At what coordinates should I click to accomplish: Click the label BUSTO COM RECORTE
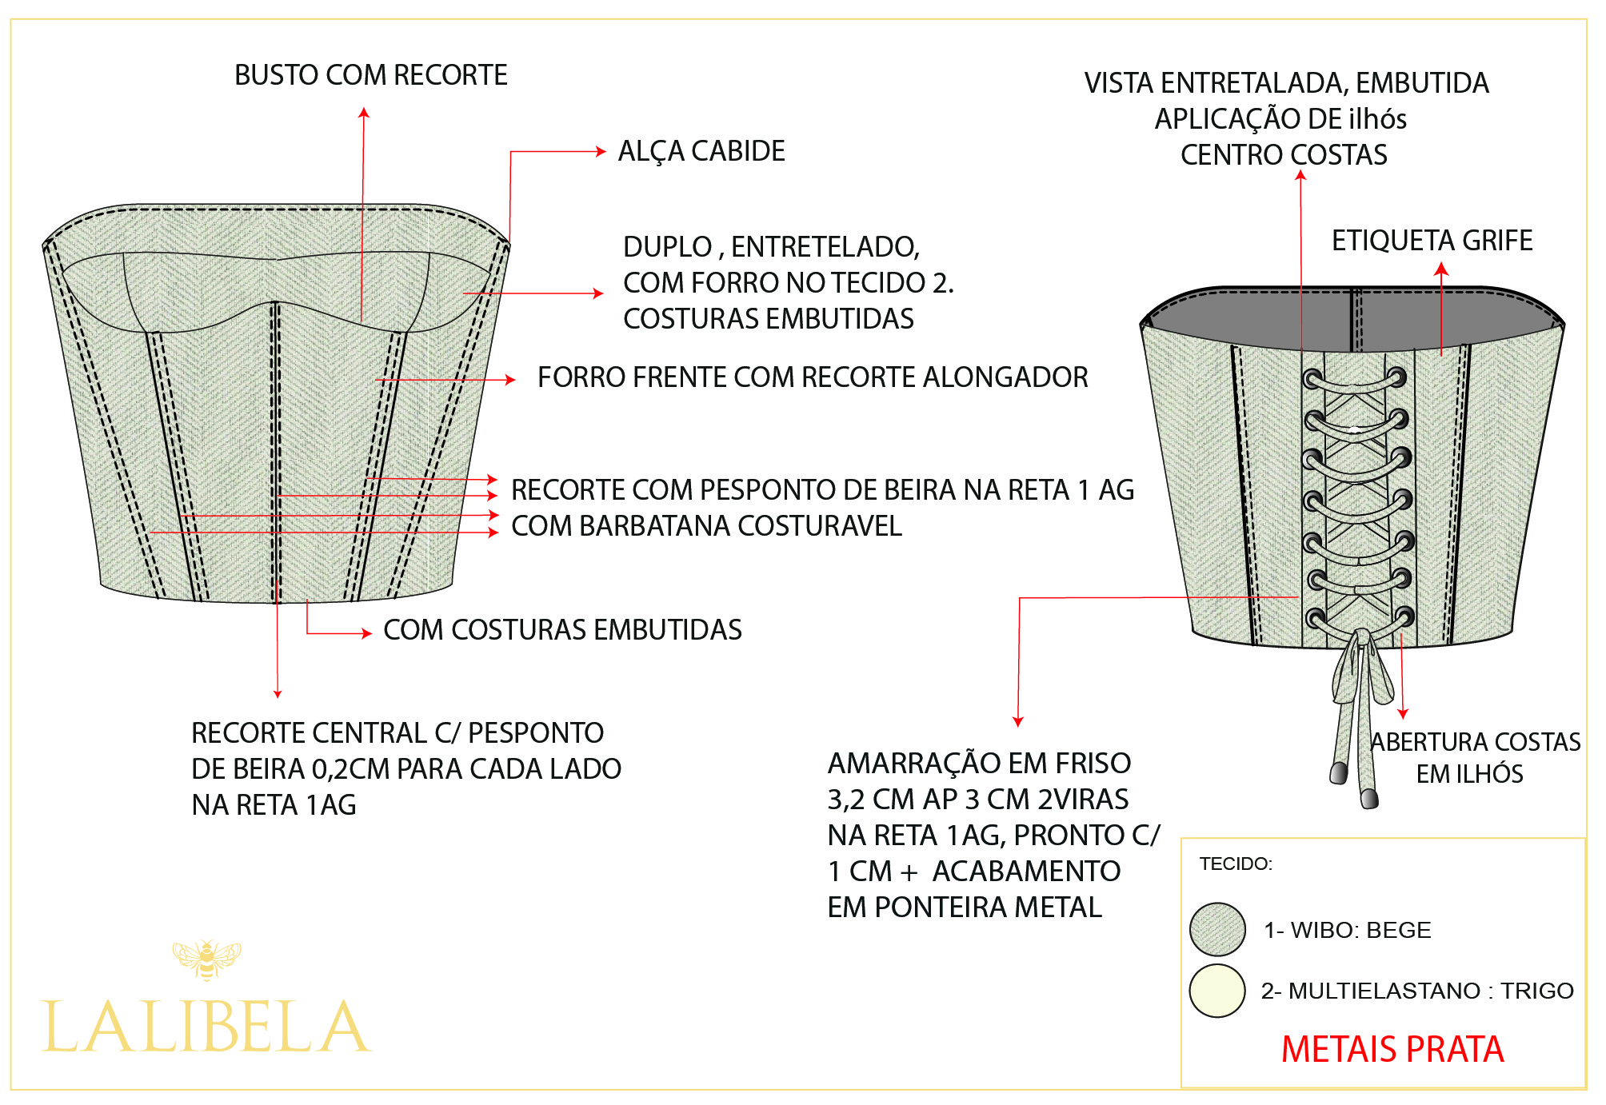point(370,75)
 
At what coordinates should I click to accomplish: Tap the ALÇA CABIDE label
point(701,151)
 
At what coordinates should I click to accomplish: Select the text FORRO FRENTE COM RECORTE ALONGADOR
point(812,377)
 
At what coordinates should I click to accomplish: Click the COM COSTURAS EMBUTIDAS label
point(562,630)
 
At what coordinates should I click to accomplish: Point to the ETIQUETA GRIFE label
point(1432,241)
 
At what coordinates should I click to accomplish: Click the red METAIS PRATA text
point(1392,1049)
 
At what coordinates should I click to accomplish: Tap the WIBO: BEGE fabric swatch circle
point(1217,929)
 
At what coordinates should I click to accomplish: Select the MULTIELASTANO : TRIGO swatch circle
point(1217,991)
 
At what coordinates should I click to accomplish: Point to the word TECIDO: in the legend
point(1236,864)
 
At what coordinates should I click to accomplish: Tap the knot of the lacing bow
point(1360,640)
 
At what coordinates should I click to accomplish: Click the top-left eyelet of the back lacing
point(1312,378)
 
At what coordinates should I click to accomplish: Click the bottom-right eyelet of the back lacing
point(1404,617)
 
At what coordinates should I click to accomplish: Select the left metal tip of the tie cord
point(1338,773)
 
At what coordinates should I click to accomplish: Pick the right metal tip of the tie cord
point(1369,798)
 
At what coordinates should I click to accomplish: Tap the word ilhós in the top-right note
point(1377,119)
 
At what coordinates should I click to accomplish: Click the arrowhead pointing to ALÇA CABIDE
point(601,151)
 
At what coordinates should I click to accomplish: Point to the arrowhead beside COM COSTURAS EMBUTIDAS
point(366,633)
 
